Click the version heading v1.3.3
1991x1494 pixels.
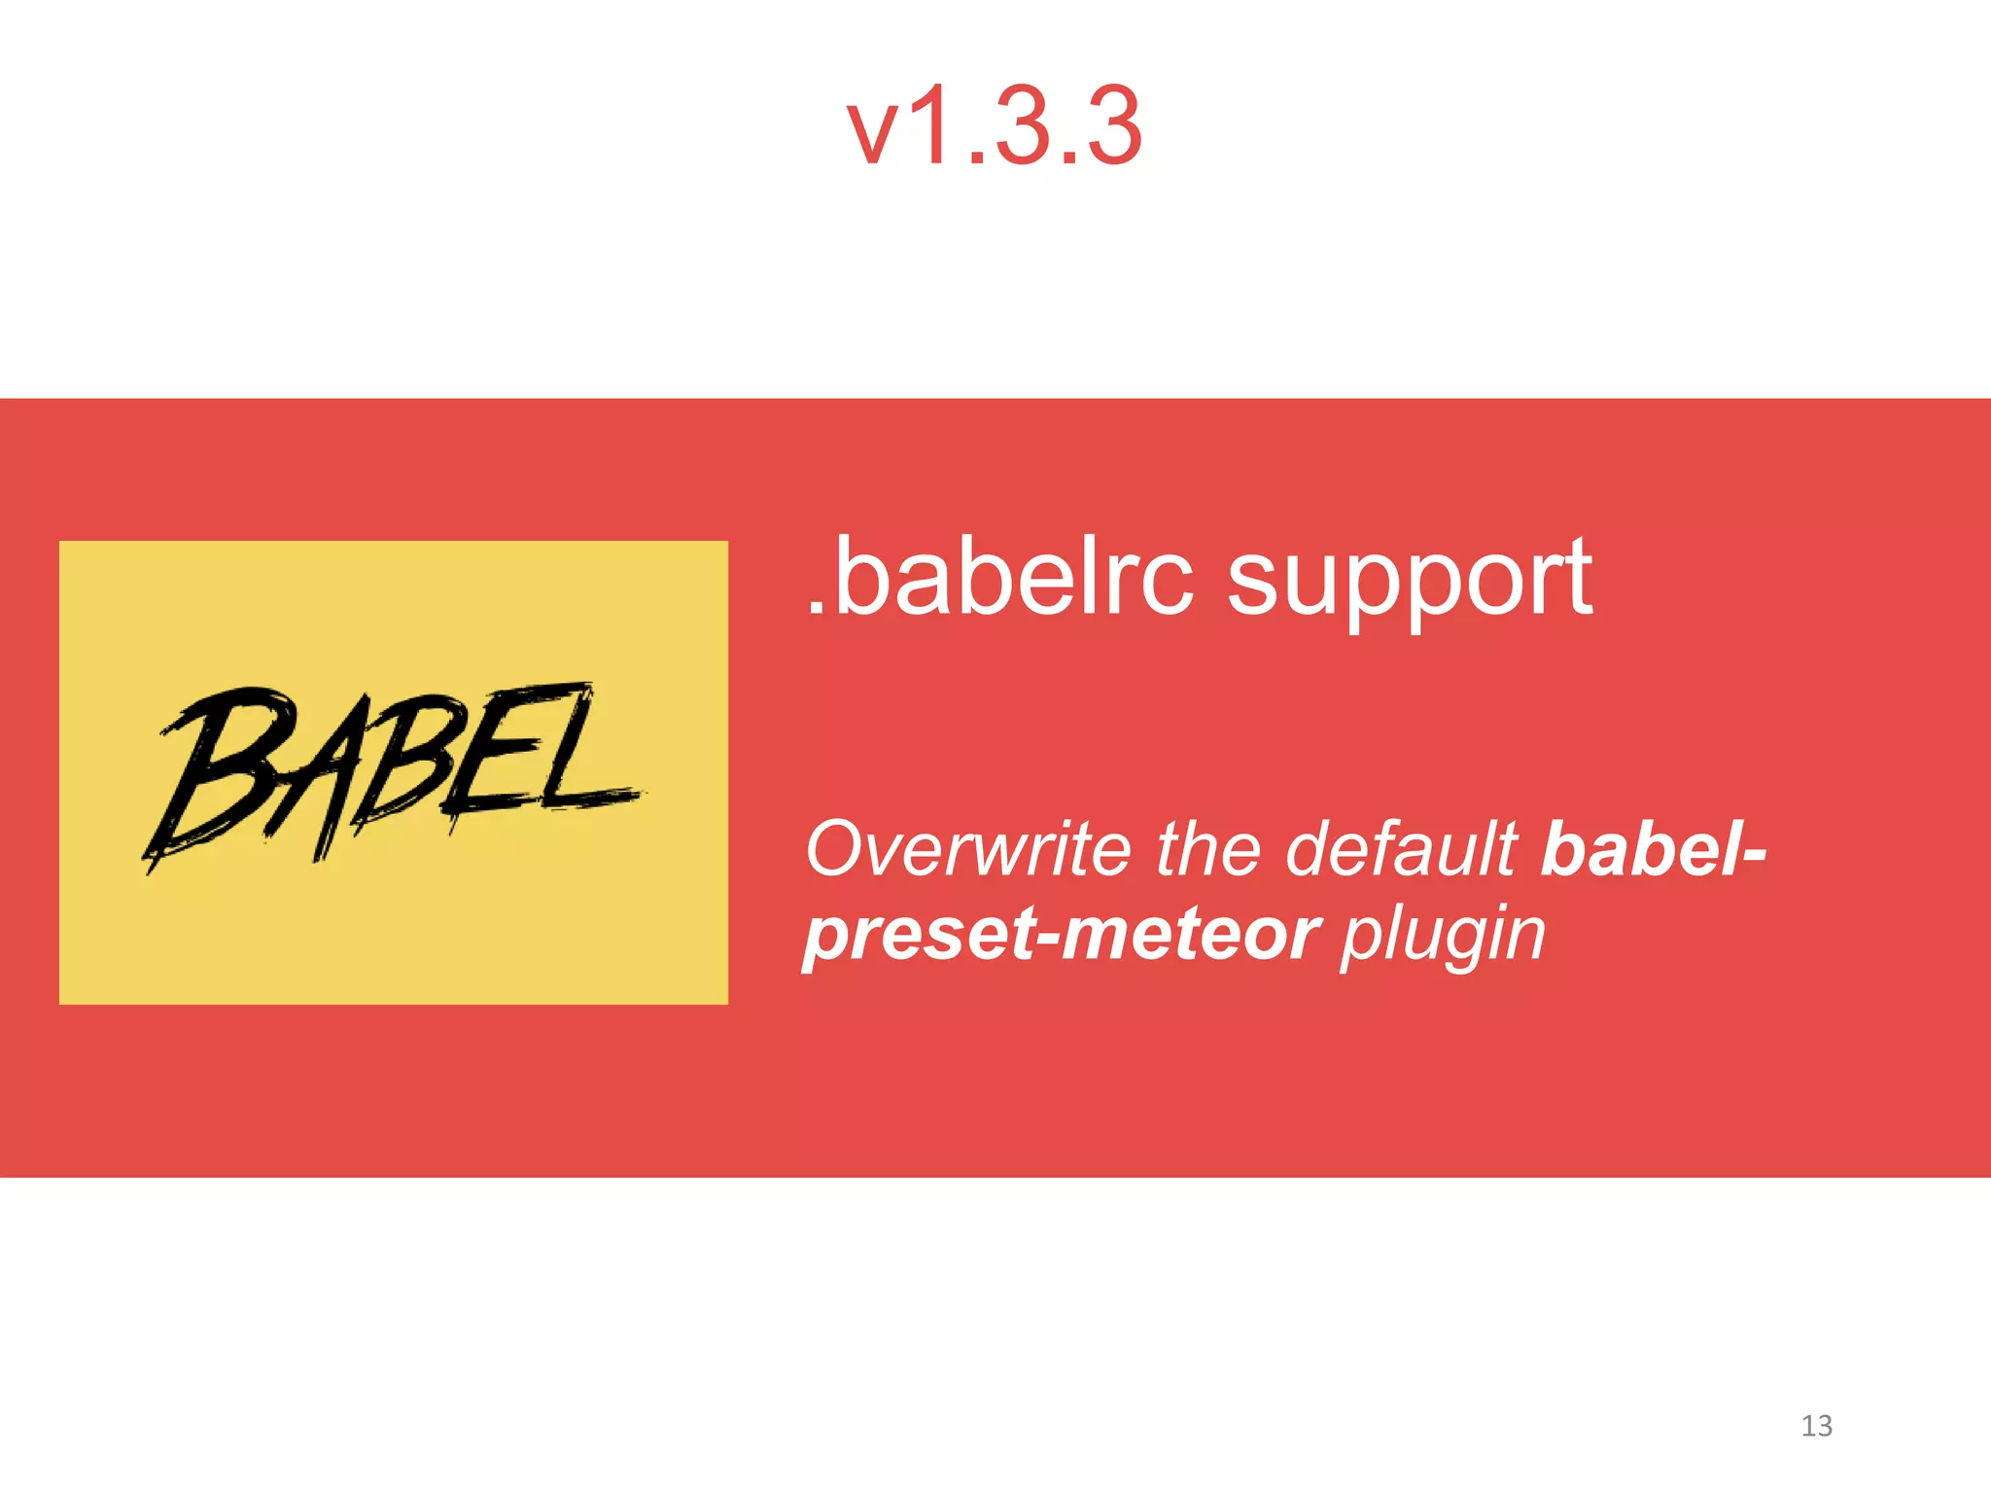(995, 126)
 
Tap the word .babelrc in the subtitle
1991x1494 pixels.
(1001, 578)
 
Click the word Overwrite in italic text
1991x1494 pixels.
(968, 848)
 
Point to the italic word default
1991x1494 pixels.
(1402, 848)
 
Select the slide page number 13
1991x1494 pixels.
(1816, 1426)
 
